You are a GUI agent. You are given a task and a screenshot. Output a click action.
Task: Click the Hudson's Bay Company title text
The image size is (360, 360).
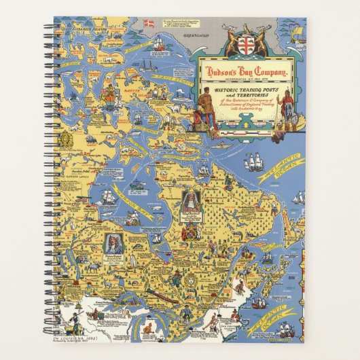click(242, 69)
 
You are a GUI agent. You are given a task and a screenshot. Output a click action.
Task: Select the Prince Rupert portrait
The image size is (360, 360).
click(114, 243)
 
